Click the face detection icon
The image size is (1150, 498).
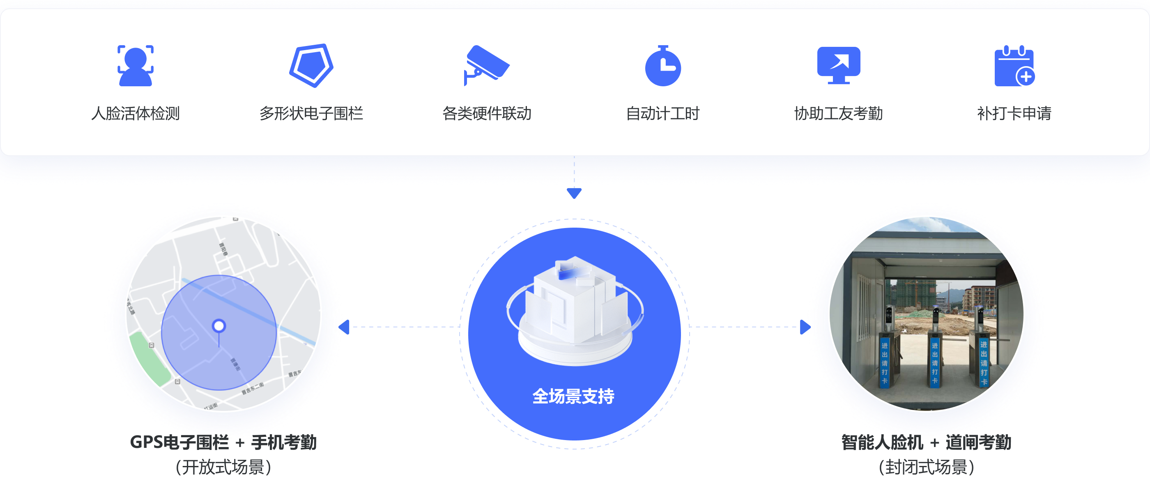click(x=135, y=66)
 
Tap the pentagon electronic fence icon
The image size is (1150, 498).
click(x=311, y=66)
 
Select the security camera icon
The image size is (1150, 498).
click(x=486, y=65)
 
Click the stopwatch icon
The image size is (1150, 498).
click(x=663, y=67)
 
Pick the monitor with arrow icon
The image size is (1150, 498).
click(x=838, y=65)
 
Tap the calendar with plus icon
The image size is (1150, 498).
click(x=1014, y=66)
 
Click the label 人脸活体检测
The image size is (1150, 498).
click(x=135, y=113)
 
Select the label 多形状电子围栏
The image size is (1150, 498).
click(x=311, y=113)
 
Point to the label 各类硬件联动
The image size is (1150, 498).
click(x=487, y=113)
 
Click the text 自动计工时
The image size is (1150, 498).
click(x=663, y=113)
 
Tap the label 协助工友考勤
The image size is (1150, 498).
click(x=838, y=113)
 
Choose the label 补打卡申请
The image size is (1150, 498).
click(x=1014, y=113)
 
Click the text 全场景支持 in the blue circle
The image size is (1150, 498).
click(x=574, y=396)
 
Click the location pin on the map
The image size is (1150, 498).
click(x=219, y=326)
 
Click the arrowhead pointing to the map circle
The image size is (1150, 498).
click(x=344, y=327)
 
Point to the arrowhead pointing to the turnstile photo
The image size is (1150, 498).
click(x=805, y=327)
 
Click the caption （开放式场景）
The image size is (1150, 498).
click(x=223, y=467)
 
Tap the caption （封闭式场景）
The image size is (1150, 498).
click(x=926, y=467)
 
